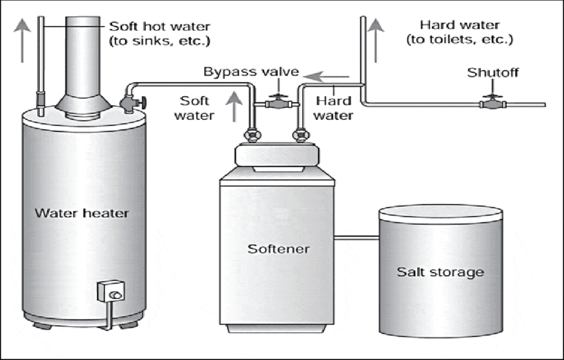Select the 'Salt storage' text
pos(441,272)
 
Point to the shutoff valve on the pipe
pos(492,103)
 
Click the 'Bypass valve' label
pos(251,71)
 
